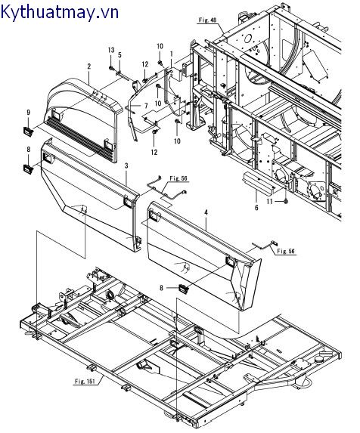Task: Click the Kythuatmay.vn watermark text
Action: click(x=60, y=12)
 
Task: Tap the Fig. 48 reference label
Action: click(x=207, y=20)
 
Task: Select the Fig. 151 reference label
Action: click(x=85, y=382)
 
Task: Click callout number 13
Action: click(x=110, y=50)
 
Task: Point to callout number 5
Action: click(x=119, y=55)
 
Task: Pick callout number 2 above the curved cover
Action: click(x=89, y=66)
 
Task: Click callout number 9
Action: click(x=29, y=113)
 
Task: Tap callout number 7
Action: click(x=146, y=106)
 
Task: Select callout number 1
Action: click(x=171, y=54)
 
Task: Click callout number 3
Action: click(x=126, y=165)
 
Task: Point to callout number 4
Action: click(x=206, y=213)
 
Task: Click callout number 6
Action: click(x=256, y=208)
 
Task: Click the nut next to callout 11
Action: click(x=286, y=202)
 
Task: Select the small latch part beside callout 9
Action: click(x=29, y=131)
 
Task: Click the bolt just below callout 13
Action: click(x=111, y=68)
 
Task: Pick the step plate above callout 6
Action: click(x=259, y=183)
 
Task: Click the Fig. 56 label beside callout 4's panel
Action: click(x=286, y=252)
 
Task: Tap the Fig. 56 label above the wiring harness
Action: click(x=178, y=178)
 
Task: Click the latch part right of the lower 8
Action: click(x=184, y=289)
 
